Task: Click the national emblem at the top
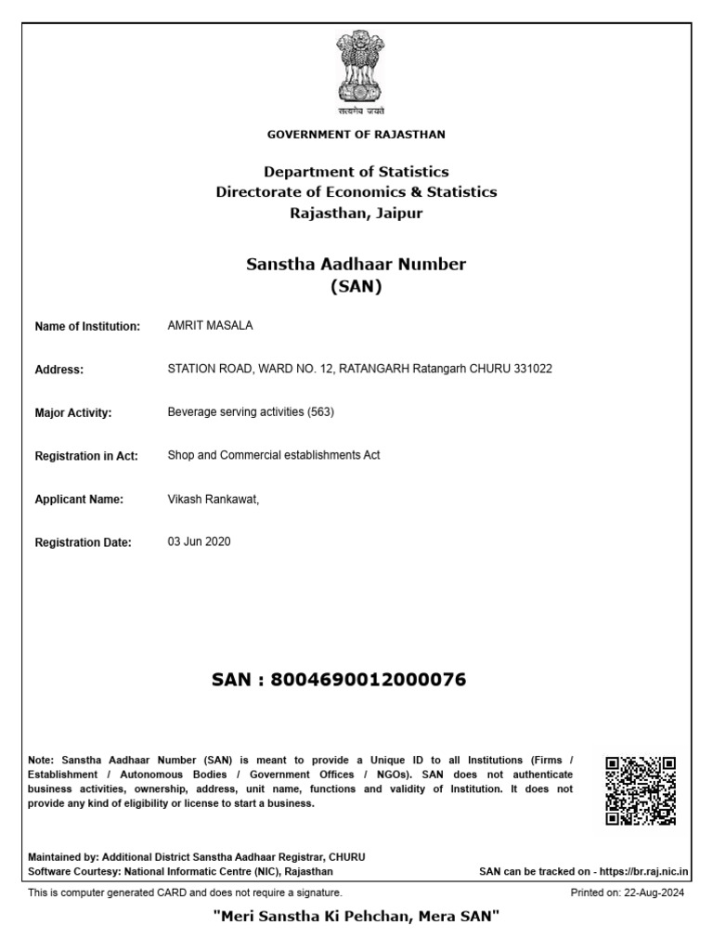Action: pos(356,70)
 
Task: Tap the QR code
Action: pos(641,791)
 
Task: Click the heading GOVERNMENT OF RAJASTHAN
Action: pos(356,135)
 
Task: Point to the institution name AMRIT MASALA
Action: pos(210,326)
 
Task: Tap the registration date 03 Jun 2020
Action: pos(199,541)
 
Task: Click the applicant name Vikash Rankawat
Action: pos(213,499)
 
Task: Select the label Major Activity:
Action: pos(73,413)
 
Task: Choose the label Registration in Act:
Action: pos(86,456)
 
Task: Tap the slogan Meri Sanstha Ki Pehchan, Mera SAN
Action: pos(356,918)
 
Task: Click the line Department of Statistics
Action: pos(356,172)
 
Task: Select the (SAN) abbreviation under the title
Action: pos(356,287)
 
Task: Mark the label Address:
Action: pos(59,370)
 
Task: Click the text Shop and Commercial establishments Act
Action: pos(274,455)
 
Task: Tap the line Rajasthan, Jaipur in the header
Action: pos(356,213)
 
